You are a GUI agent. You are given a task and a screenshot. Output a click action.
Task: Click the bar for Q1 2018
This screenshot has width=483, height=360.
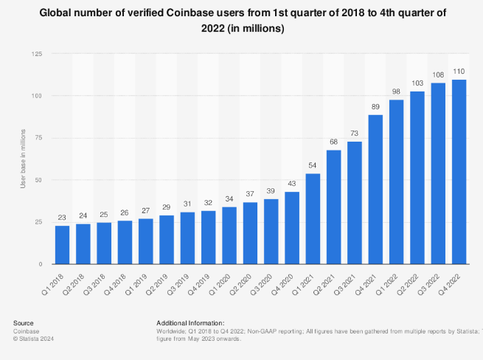[62, 244]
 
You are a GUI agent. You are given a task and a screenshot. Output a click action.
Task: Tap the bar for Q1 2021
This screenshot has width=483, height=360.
[313, 218]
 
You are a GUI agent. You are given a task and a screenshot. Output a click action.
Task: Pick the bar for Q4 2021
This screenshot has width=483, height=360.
[375, 190]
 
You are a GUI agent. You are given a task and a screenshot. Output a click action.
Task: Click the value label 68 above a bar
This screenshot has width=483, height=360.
[333, 142]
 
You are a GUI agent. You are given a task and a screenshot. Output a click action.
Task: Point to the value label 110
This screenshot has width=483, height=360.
[459, 72]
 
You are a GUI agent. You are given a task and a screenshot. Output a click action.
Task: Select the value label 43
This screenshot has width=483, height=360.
[292, 184]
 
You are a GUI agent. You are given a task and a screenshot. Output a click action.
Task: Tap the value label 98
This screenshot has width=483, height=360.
[396, 91]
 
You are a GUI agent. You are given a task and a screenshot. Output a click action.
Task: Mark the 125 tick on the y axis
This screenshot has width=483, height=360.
[36, 55]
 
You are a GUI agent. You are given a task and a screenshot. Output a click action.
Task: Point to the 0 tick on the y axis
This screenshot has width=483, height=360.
[41, 264]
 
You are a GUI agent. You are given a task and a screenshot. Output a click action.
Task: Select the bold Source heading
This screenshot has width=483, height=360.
[23, 323]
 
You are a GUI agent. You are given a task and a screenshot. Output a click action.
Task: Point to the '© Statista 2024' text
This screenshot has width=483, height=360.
[34, 339]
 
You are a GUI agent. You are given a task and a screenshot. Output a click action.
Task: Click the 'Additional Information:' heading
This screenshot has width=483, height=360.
[190, 323]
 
